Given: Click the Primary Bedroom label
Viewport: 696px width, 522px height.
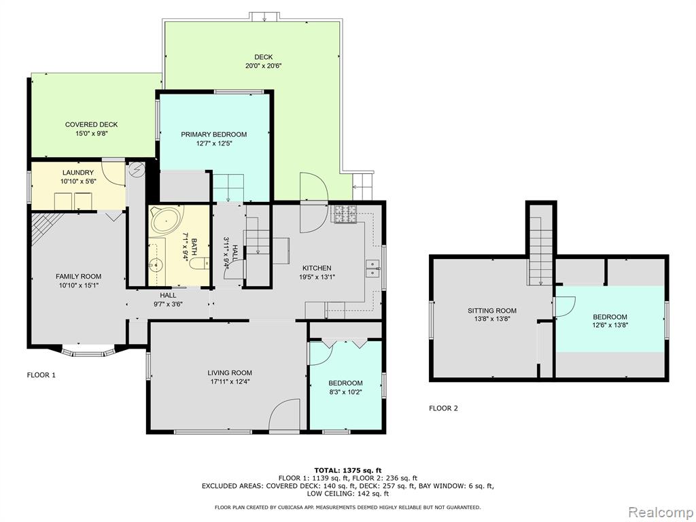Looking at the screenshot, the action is pos(213,135).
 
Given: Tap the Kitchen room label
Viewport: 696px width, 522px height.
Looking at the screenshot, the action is pos(317,268).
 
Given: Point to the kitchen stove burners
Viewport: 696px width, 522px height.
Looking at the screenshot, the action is pos(345,214).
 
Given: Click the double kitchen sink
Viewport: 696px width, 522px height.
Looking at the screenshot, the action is pos(372,268).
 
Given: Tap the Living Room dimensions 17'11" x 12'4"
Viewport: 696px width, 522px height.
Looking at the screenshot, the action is pos(230,381).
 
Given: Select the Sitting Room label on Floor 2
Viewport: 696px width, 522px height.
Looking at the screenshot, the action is pos(492,311).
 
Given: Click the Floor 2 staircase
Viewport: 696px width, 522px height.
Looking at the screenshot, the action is pos(540,251).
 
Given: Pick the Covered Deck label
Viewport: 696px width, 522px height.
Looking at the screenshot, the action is pos(92,125).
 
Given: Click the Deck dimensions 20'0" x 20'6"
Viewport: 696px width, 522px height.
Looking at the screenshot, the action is pos(264,66).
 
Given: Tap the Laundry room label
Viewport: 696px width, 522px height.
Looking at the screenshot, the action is pos(78,173).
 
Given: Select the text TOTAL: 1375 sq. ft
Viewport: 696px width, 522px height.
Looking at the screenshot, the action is pos(348,470).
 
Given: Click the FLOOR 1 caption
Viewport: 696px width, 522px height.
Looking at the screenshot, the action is pos(41,375).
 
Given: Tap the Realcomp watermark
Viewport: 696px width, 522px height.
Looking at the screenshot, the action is pos(660,512).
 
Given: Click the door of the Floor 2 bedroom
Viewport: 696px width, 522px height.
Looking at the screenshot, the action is pos(565,307).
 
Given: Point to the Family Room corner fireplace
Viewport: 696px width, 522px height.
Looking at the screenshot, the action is pos(43,227).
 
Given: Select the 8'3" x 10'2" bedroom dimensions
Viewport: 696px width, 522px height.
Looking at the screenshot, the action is pos(345,392).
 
